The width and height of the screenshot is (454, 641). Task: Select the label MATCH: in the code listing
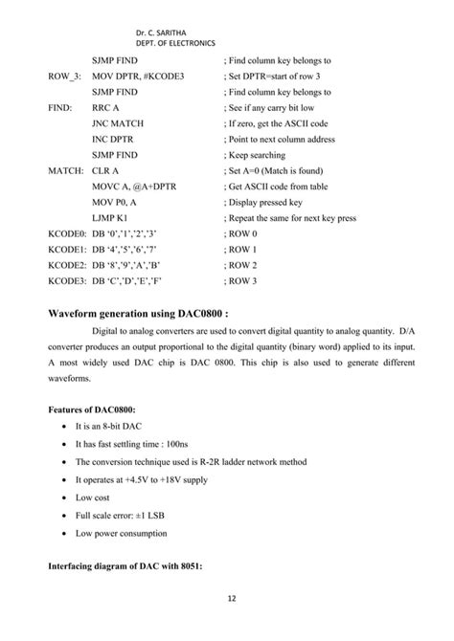[66, 170]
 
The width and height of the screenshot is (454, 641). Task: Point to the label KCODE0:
[67, 233]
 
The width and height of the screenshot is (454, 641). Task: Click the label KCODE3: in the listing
[67, 280]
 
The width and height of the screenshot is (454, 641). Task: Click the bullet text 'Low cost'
[94, 498]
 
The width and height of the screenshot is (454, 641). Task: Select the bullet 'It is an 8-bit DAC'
[110, 427]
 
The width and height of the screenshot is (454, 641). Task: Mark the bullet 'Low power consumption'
[125, 534]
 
